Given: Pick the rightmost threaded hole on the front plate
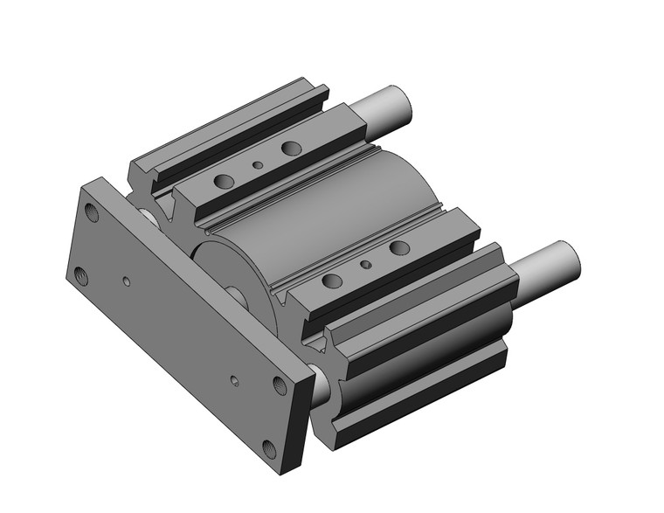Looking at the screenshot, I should coord(280,385).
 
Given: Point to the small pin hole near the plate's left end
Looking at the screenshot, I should coord(127,281).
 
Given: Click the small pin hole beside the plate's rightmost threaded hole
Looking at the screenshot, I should coord(233,380).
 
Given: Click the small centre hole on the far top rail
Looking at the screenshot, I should coord(258,164).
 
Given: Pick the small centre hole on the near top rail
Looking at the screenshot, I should coord(366,264).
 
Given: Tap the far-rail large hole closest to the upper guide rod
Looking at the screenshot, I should coord(291,149).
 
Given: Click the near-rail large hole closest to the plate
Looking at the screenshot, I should coord(332,281).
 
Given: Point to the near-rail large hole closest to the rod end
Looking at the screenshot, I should coord(399,248).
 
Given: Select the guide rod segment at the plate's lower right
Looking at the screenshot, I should coord(322,385).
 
